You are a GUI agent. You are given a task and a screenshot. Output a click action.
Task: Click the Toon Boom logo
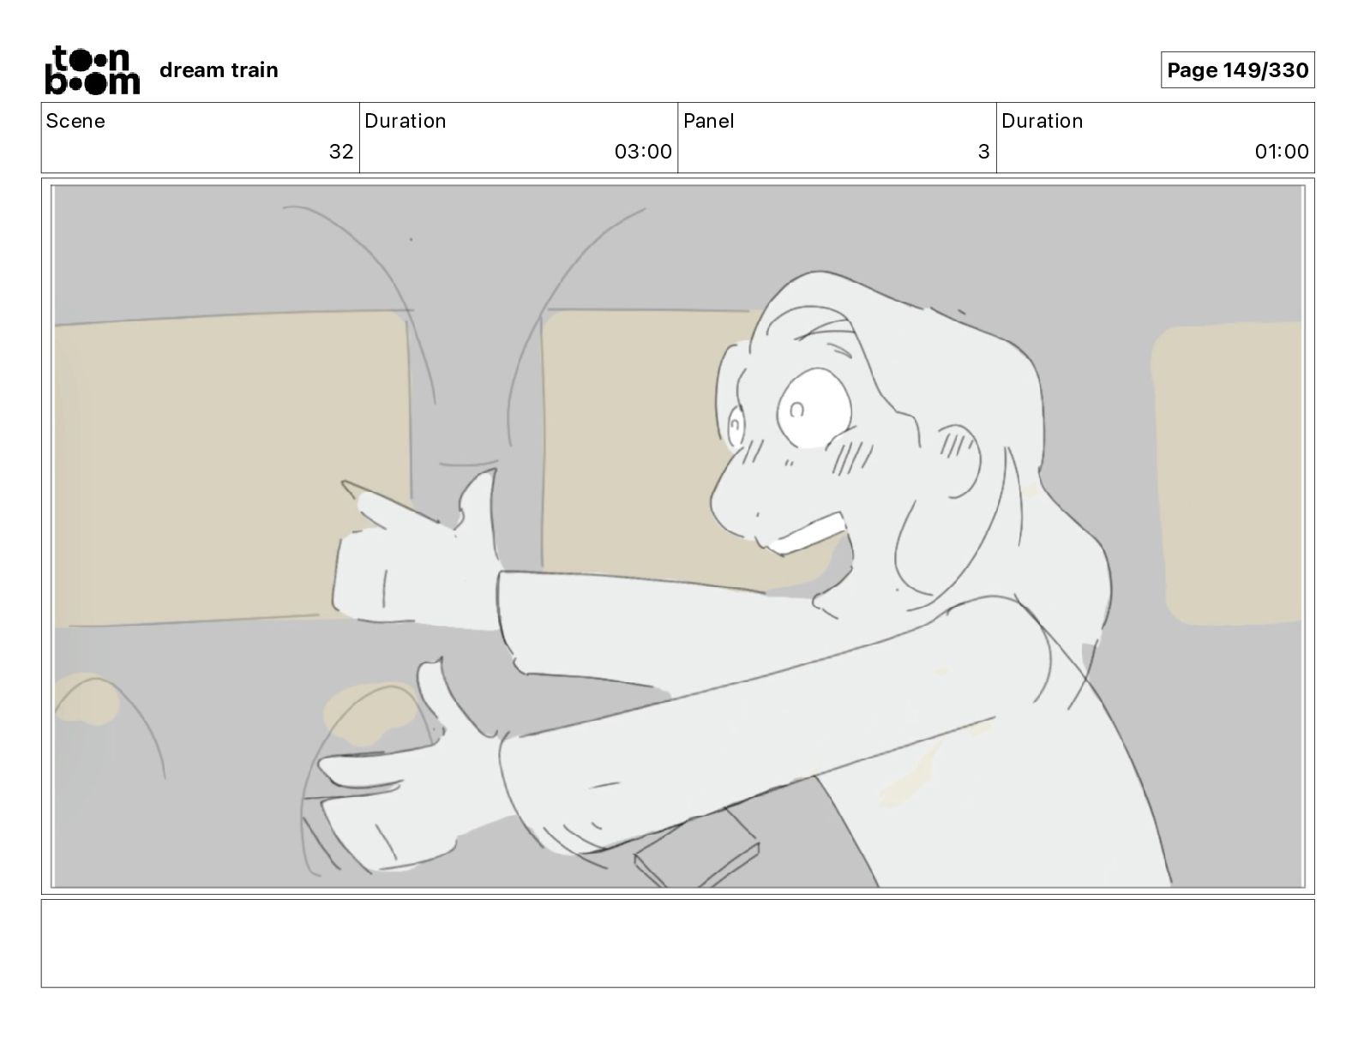[93, 70]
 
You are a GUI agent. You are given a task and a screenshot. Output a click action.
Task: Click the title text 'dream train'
[219, 70]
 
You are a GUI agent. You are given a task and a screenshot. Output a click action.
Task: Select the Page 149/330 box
[1237, 70]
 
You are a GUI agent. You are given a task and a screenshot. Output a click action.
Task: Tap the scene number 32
[341, 151]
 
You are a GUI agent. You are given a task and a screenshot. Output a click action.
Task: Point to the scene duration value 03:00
[643, 151]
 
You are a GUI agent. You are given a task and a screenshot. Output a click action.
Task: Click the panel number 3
[983, 151]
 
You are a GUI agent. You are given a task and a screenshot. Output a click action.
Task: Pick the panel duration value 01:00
[1282, 151]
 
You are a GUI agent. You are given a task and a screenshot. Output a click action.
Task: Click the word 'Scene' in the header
[75, 121]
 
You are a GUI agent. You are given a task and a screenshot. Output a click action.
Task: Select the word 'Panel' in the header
[709, 121]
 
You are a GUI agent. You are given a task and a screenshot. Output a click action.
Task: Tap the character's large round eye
[814, 407]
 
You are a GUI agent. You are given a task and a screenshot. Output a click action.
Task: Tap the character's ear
[959, 461]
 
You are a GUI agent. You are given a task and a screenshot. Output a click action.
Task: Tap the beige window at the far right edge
[1226, 474]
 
